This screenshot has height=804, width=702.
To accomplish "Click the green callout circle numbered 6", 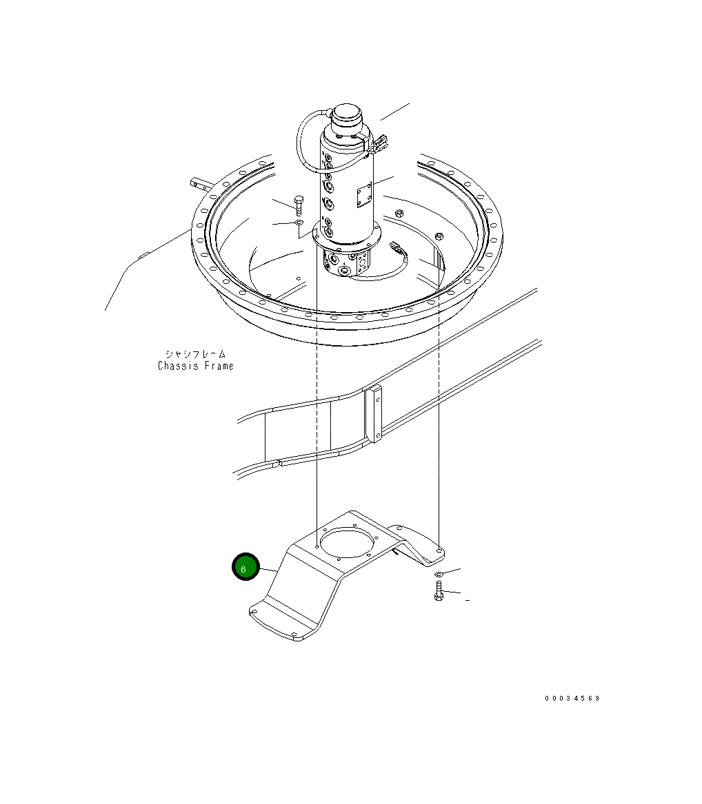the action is pos(245,567).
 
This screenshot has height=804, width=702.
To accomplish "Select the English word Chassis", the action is pos(178,366).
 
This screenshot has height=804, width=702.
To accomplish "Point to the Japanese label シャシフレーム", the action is pos(195,354).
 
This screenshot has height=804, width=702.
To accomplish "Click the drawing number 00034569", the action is pos(572,699).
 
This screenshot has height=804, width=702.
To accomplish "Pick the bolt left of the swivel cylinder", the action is pos(300,205).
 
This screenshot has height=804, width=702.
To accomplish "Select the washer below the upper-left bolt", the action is pos(299,223).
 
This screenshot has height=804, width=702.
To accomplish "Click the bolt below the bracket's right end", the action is pos(439,590).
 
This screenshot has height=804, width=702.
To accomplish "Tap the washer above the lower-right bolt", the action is pos(439,573).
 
